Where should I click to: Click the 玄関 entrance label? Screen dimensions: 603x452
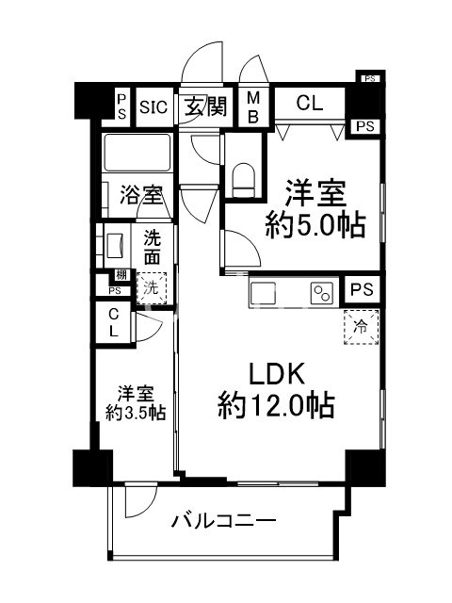[x=204, y=106]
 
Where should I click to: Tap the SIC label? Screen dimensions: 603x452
[x=153, y=106]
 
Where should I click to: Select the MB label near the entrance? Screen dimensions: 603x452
[x=253, y=106]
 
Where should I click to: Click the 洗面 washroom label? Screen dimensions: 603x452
[x=152, y=247]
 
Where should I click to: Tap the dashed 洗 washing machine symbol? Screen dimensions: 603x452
[x=150, y=285]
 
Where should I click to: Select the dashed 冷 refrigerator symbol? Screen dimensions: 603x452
[x=361, y=327]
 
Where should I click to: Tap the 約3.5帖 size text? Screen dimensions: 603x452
[x=136, y=411]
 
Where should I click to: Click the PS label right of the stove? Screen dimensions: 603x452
[x=360, y=290]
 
